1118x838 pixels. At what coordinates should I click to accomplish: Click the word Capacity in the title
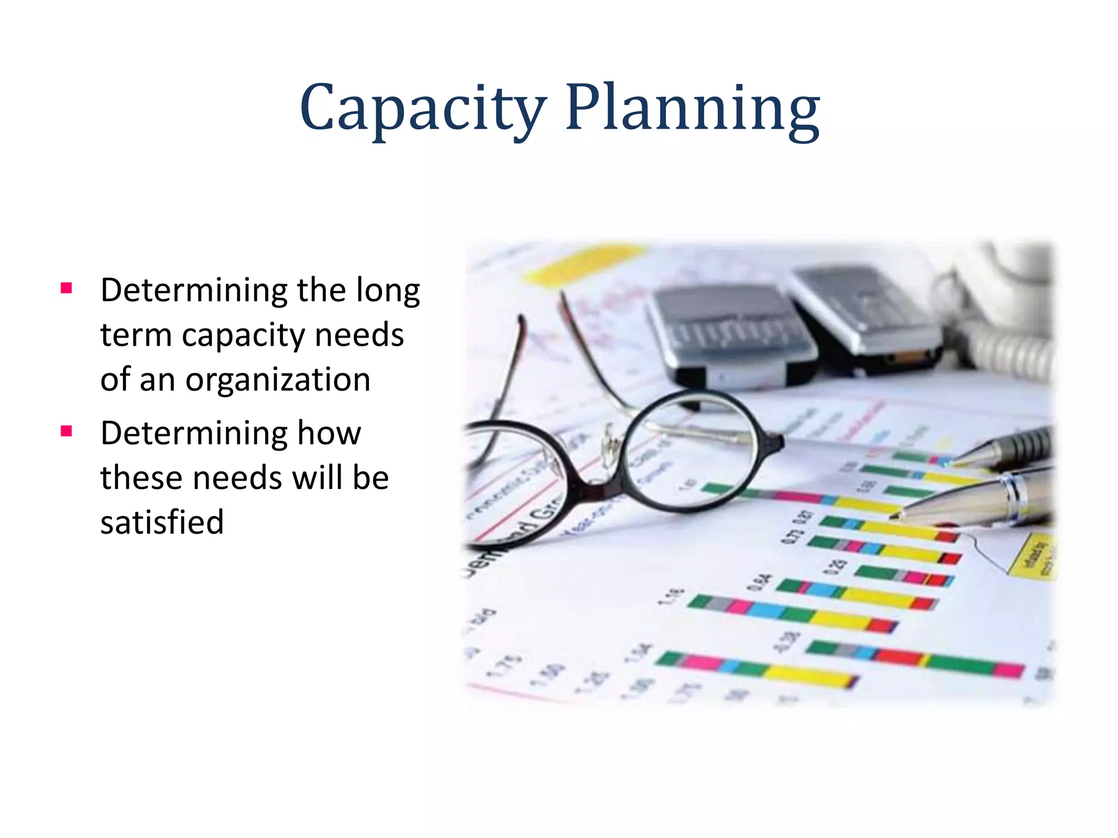423,109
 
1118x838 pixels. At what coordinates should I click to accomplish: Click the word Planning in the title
692,109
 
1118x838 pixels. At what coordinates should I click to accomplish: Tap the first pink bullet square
67,288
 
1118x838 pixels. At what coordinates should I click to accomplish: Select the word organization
278,380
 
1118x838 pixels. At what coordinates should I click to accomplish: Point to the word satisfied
162,522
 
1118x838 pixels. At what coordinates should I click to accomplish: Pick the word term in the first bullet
135,335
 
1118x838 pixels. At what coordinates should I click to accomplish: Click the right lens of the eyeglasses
691,450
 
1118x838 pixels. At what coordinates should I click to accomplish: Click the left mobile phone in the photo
729,333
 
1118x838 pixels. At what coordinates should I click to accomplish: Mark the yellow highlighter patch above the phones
584,262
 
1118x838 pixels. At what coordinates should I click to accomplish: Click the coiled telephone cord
1010,349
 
